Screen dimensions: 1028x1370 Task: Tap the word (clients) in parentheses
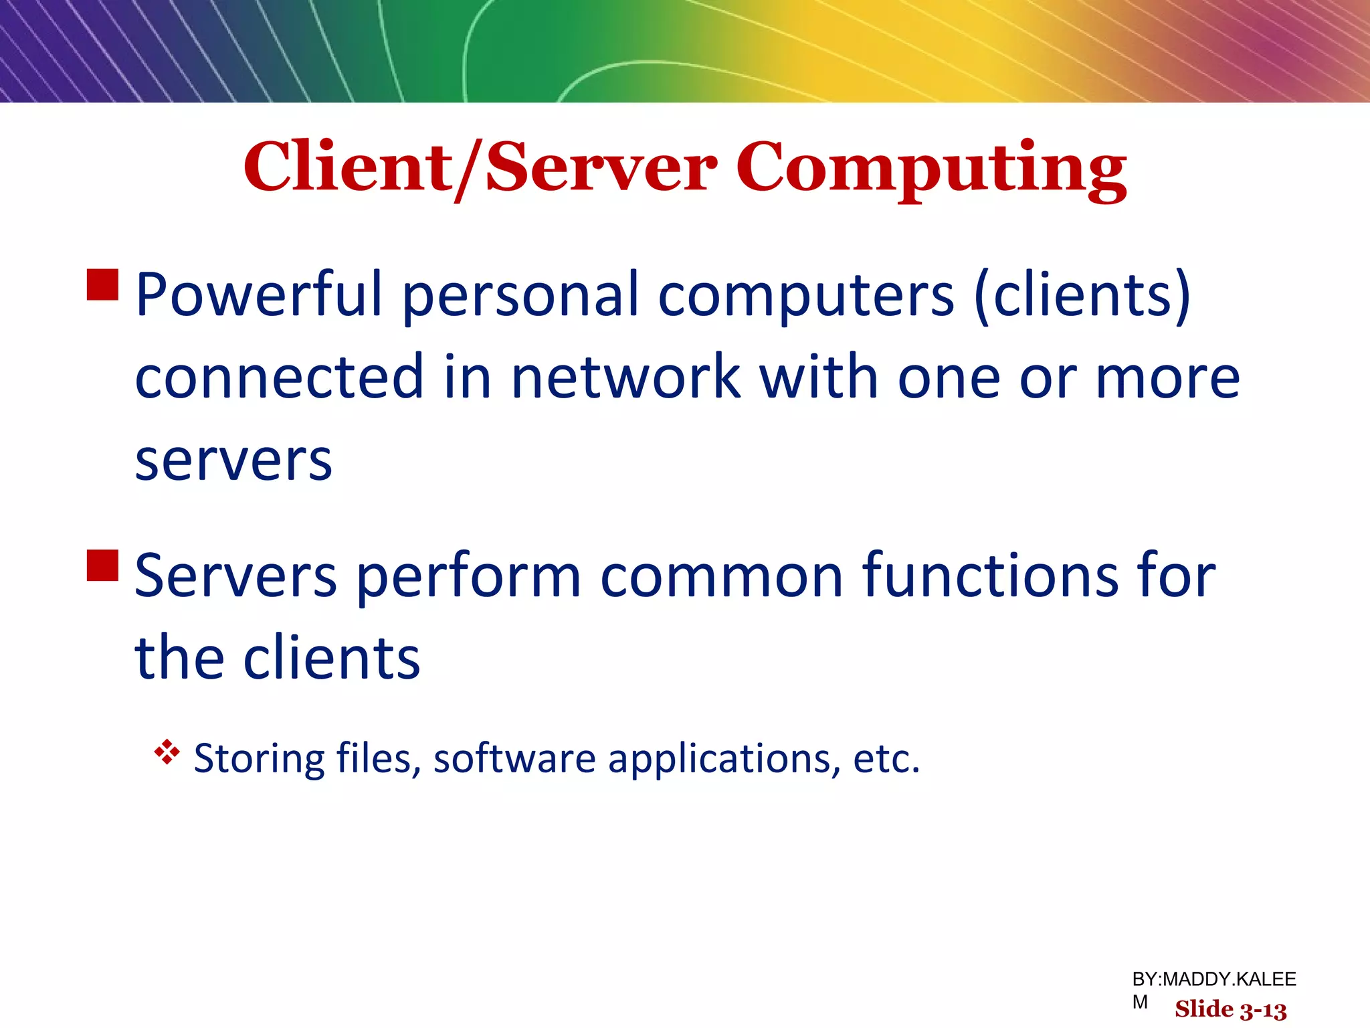tap(1082, 294)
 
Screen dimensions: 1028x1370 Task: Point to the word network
tap(625, 377)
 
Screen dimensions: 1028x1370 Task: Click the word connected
tap(280, 377)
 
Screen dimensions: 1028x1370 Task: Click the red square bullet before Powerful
tap(103, 284)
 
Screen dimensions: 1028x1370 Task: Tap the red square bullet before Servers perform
tap(103, 565)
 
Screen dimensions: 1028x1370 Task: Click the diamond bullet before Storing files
tap(167, 752)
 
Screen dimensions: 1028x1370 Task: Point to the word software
tap(514, 758)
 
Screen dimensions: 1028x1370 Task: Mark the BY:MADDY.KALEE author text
tap(1213, 980)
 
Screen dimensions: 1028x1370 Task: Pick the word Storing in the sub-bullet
tap(259, 760)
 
